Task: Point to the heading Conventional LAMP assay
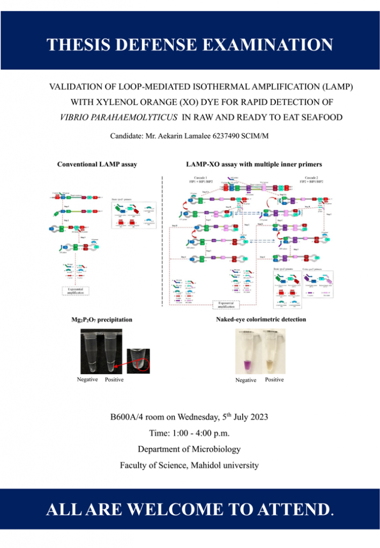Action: [x=97, y=164]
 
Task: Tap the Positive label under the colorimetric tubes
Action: [x=274, y=379]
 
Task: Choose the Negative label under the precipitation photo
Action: [x=87, y=379]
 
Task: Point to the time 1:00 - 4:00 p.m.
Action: [x=190, y=432]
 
